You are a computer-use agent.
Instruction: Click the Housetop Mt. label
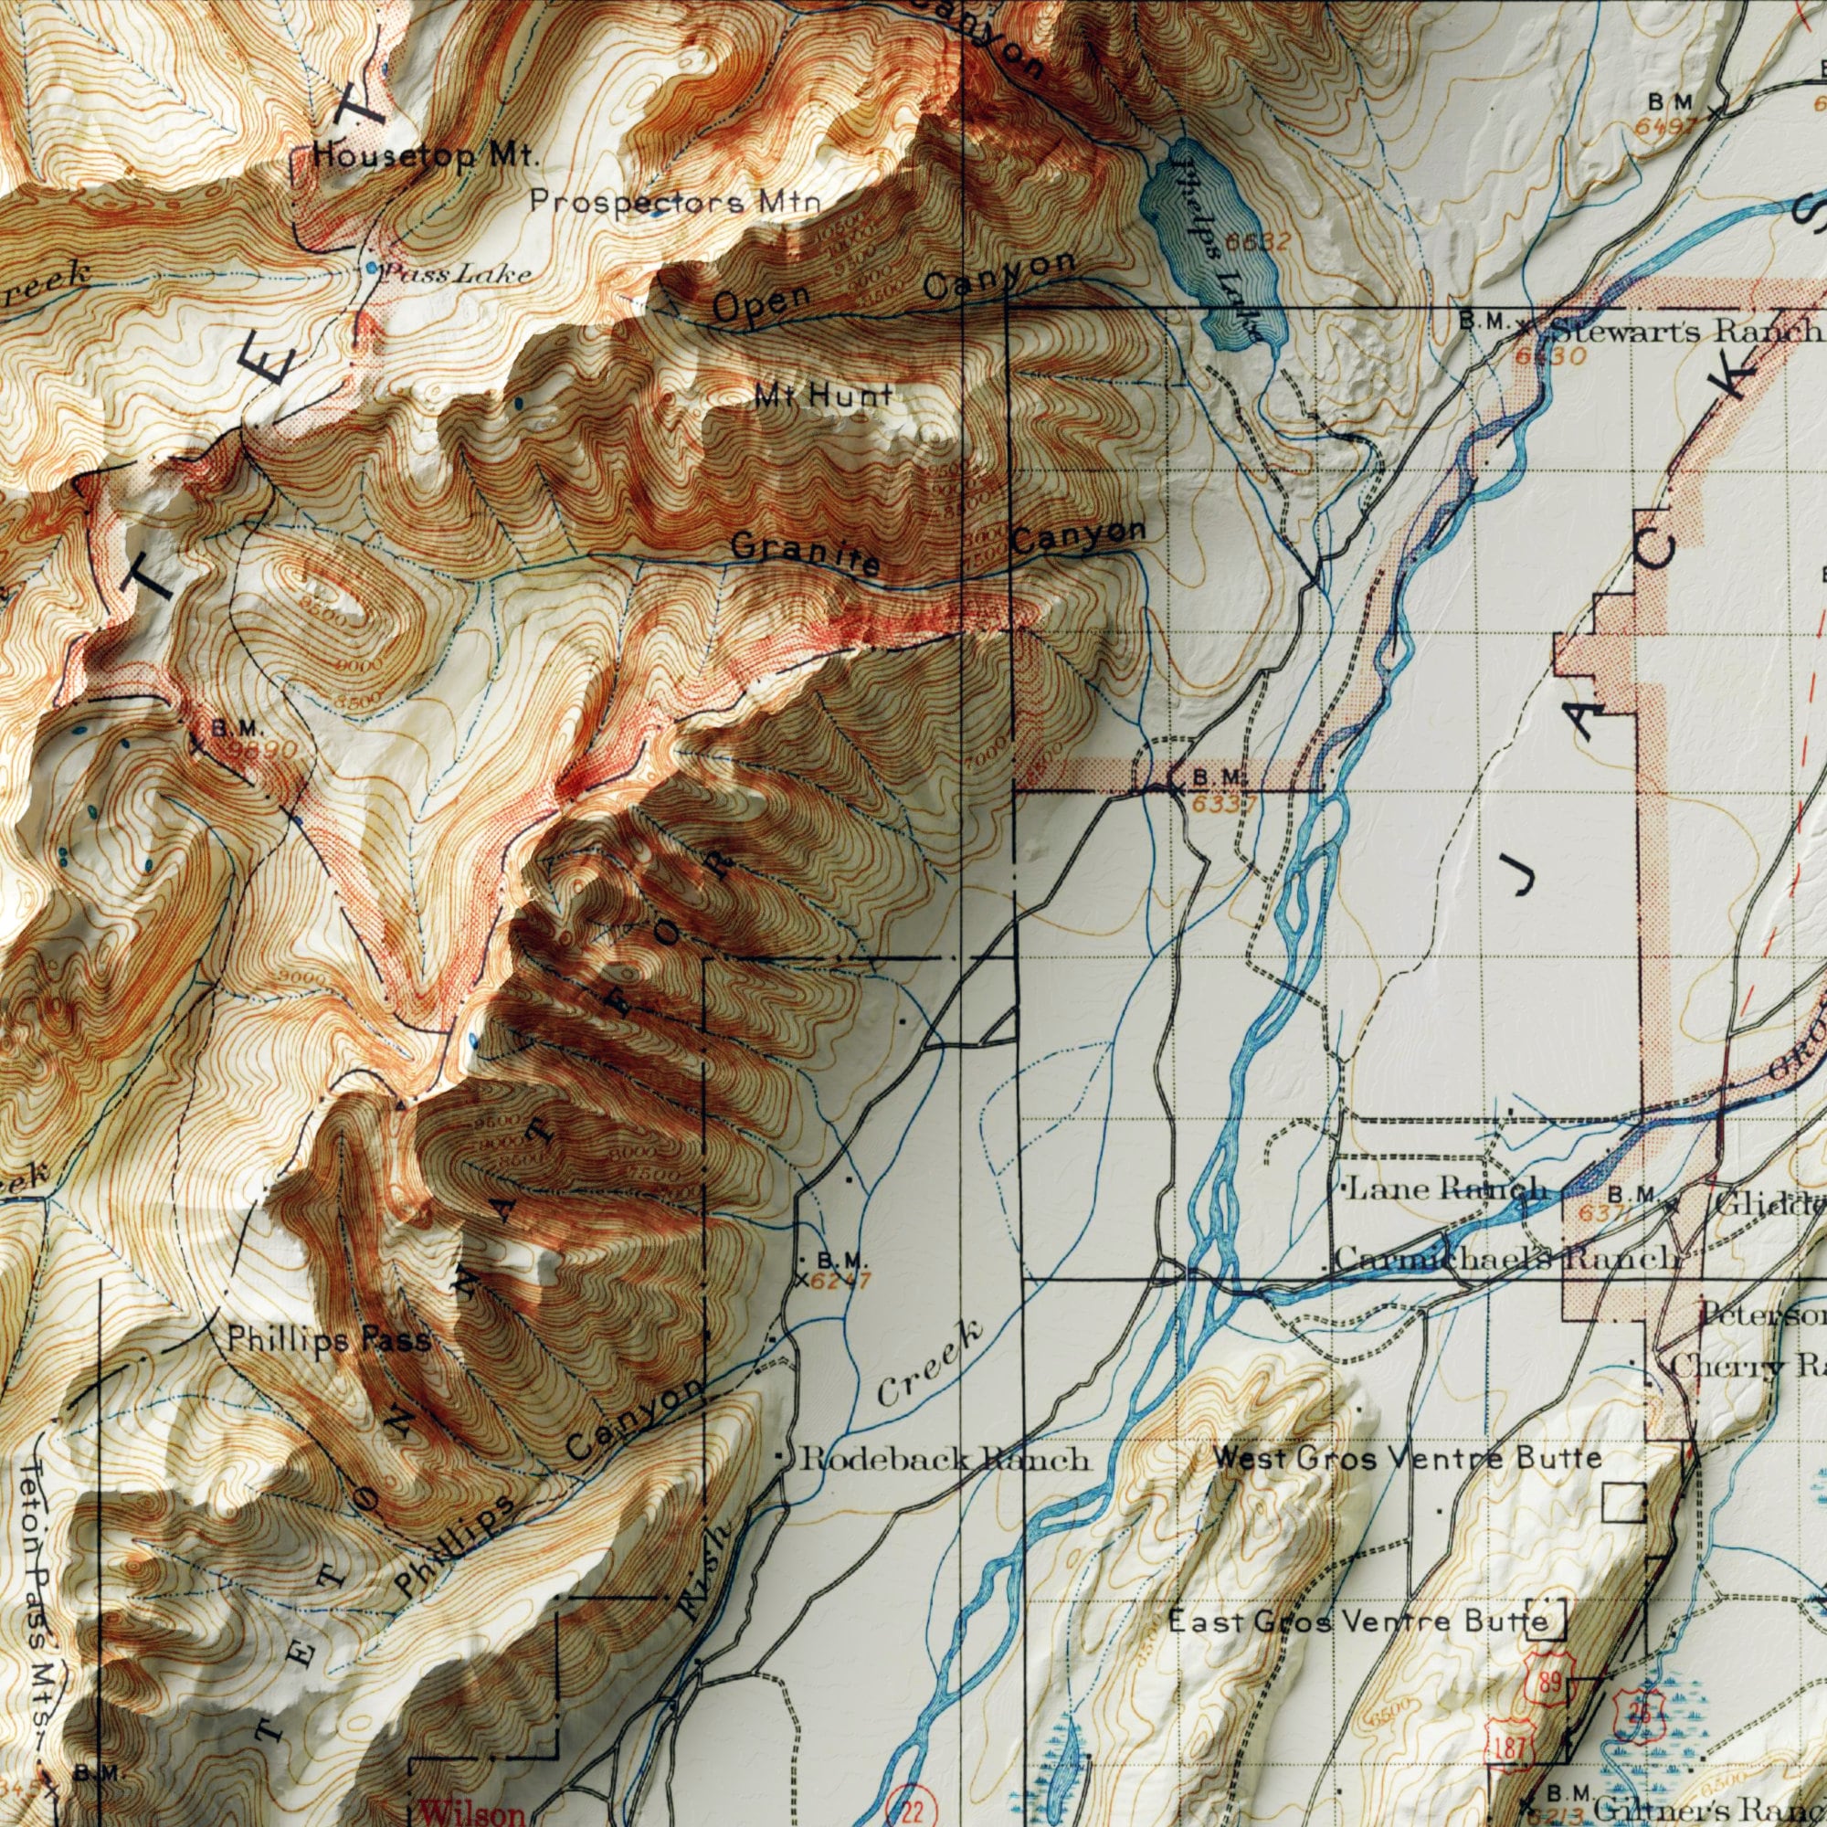423,158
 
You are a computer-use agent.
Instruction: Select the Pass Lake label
456,274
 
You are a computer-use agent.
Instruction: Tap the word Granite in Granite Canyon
806,556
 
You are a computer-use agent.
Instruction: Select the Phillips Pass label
328,1340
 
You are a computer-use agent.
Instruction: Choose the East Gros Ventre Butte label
1359,1622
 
